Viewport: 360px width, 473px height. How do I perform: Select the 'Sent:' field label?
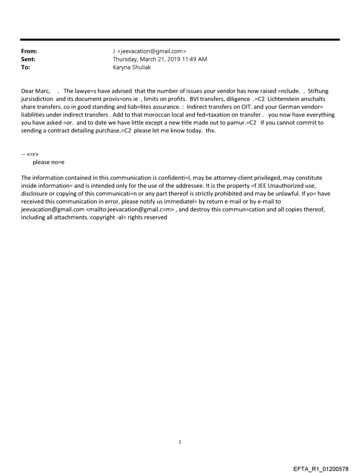point(28,60)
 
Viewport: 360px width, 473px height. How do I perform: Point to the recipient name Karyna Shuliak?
point(132,67)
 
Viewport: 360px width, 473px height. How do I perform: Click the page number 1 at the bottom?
point(180,442)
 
